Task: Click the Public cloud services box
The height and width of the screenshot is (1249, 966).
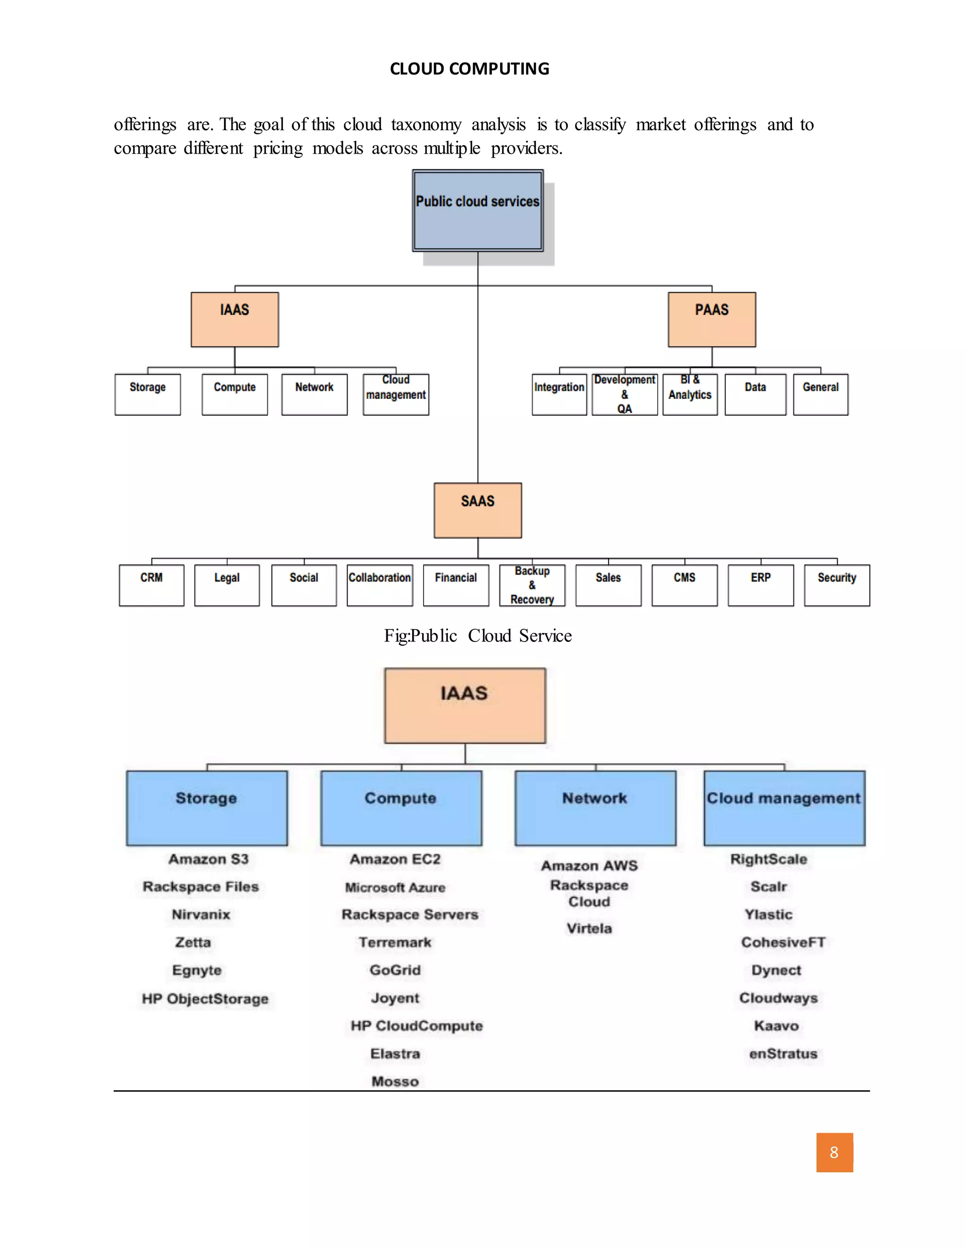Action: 477,211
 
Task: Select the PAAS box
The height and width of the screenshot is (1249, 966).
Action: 711,319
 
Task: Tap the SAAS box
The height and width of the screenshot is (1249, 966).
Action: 477,510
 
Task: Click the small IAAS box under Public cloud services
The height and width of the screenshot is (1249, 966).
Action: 234,319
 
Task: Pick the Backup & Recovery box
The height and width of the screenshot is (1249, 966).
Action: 532,585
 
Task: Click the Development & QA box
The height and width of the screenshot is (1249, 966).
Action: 625,394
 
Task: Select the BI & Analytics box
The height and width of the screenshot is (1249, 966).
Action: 690,394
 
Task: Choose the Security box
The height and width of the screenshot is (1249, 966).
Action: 837,585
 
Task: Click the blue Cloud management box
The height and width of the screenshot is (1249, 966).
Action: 784,807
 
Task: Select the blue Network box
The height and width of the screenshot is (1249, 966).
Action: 595,807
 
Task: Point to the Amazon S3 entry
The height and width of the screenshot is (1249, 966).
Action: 208,859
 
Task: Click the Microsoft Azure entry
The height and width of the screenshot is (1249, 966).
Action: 395,887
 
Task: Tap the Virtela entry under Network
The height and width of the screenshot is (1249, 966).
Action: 589,928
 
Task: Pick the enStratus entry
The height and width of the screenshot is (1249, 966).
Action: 783,1053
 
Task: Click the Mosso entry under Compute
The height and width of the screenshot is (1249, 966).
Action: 395,1081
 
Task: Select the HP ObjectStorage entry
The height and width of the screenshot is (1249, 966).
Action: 205,999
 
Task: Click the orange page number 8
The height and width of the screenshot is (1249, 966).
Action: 834,1152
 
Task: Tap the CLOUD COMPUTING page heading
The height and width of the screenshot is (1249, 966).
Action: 469,69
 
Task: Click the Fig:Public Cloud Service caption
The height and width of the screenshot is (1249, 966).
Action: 477,635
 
